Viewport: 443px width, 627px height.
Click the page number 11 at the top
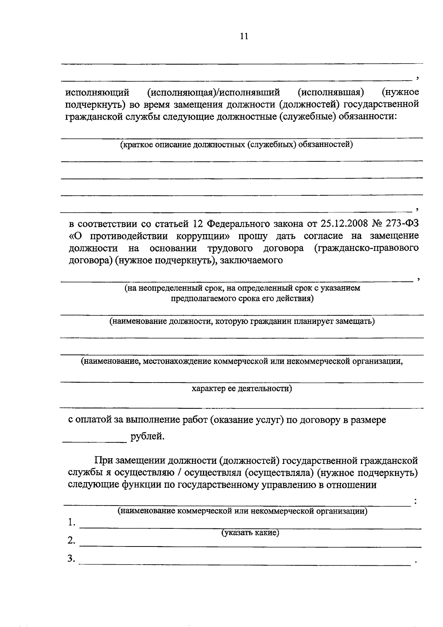pyautogui.click(x=244, y=36)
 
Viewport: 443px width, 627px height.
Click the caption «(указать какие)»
pyautogui.click(x=250, y=532)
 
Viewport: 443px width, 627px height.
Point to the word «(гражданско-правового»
pyautogui.click(x=366, y=248)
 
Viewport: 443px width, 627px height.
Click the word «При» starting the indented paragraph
pyautogui.click(x=103, y=460)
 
